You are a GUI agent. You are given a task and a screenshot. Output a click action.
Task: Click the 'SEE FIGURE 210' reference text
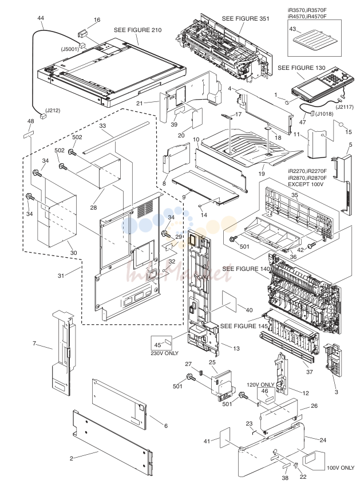138,30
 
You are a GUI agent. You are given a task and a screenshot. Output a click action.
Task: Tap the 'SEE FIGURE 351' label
246,18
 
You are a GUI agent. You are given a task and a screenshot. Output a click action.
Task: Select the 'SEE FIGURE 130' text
301,68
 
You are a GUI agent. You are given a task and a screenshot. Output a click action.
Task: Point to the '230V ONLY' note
164,353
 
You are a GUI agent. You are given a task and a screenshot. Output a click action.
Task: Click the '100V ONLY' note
341,467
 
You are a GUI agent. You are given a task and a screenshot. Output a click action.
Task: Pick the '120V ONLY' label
260,385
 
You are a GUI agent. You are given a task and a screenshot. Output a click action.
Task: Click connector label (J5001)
70,49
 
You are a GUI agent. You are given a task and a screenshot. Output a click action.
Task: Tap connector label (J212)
53,110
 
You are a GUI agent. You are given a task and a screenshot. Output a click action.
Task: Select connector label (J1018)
325,113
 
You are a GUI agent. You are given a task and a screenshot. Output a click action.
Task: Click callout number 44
41,18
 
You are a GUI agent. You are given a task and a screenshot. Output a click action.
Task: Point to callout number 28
93,207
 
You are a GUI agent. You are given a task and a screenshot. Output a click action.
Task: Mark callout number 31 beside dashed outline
61,275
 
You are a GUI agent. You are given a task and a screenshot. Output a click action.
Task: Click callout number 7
34,343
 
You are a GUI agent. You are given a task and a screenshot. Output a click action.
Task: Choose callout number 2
71,458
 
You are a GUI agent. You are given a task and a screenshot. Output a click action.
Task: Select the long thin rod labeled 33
120,138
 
